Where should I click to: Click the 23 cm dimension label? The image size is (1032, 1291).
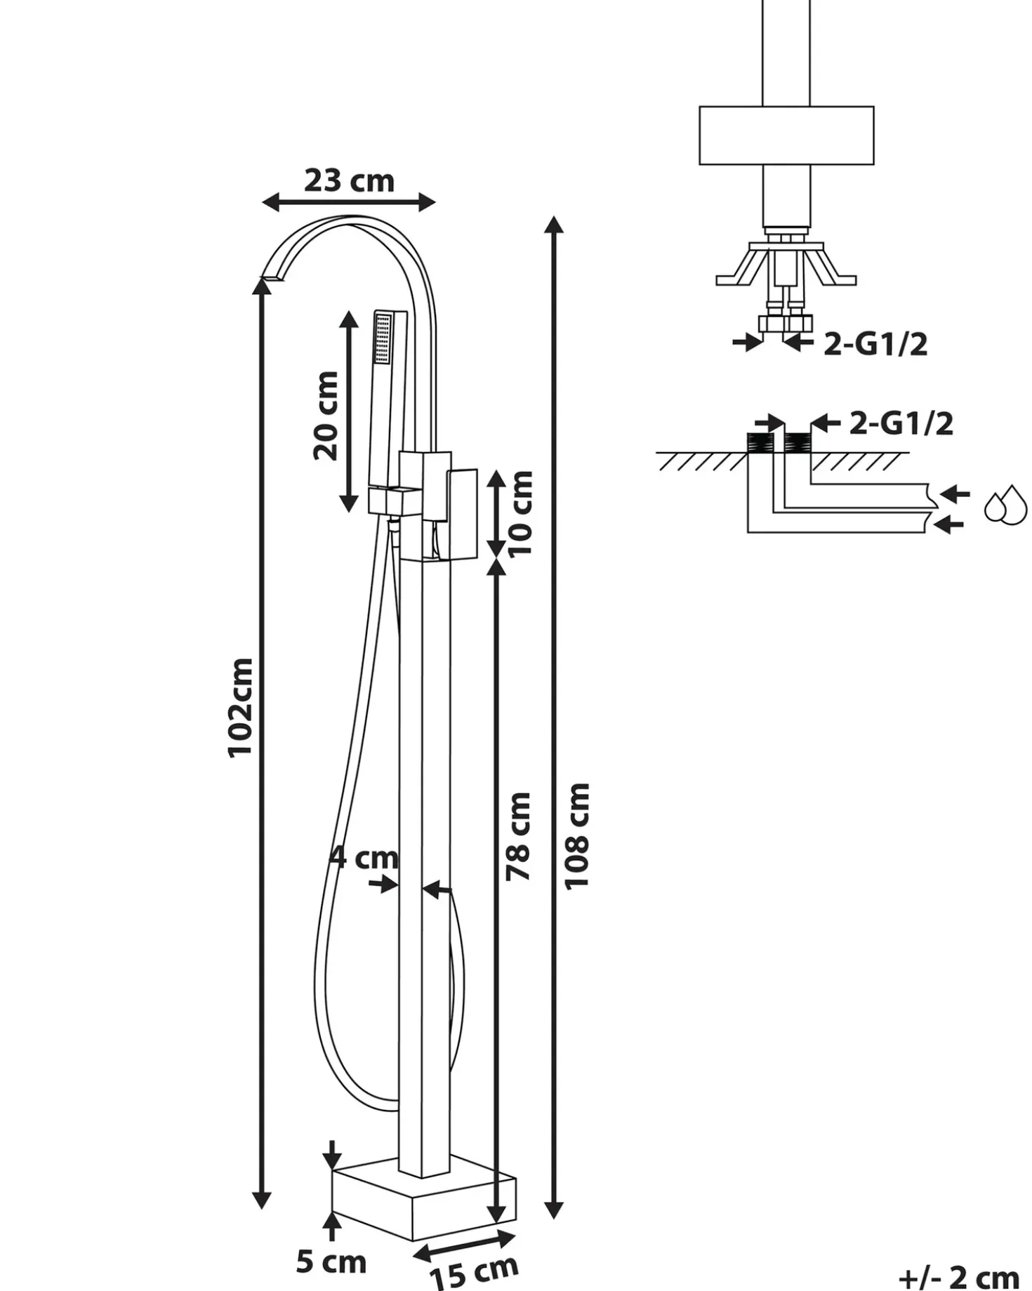tap(349, 181)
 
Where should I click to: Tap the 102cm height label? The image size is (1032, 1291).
tap(240, 707)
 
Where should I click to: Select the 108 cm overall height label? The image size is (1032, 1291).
tap(577, 837)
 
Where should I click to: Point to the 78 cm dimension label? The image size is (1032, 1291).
tap(519, 836)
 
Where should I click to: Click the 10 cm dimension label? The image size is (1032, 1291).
tap(520, 513)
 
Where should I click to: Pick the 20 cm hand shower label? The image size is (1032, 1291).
tap(326, 416)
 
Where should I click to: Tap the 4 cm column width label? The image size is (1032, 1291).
tap(364, 857)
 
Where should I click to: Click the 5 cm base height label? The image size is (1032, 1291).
tap(331, 1262)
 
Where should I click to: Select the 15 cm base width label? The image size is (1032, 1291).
tap(474, 1269)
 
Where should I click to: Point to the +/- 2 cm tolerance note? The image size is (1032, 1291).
tap(959, 1277)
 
